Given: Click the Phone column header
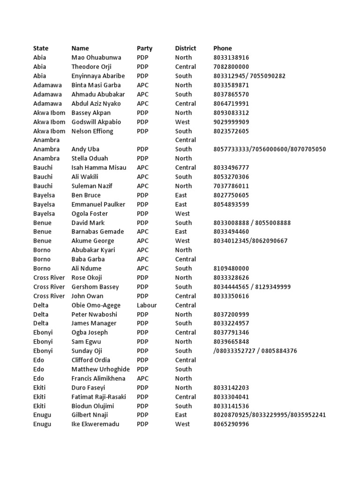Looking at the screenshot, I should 223,48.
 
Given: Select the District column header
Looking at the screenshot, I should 186,48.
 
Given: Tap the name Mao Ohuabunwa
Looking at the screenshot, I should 96,58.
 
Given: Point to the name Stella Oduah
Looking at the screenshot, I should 91,158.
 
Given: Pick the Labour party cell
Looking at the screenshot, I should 147,305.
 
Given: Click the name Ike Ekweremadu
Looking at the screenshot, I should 95,424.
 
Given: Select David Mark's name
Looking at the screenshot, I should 88,223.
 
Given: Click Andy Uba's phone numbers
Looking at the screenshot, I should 270,149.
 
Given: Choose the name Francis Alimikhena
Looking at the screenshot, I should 98,378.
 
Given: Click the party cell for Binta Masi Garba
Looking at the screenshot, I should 142,85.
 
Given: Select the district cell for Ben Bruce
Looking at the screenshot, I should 181,195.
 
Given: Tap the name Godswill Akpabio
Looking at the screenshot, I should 96,122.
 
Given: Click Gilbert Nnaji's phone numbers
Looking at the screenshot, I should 270,415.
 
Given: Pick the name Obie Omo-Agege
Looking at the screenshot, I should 96,305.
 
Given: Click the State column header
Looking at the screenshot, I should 41,48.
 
